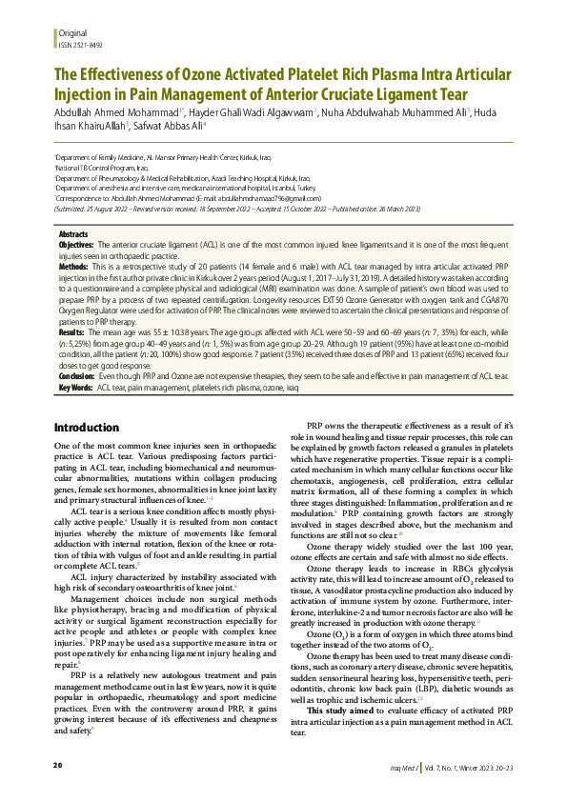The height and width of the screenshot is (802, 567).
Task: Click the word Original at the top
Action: pyautogui.click(x=73, y=33)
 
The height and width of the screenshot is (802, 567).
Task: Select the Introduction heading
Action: pyautogui.click(x=87, y=428)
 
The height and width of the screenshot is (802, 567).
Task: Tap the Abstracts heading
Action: pyautogui.click(x=74, y=233)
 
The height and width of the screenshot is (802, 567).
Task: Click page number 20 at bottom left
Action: pyautogui.click(x=57, y=766)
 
